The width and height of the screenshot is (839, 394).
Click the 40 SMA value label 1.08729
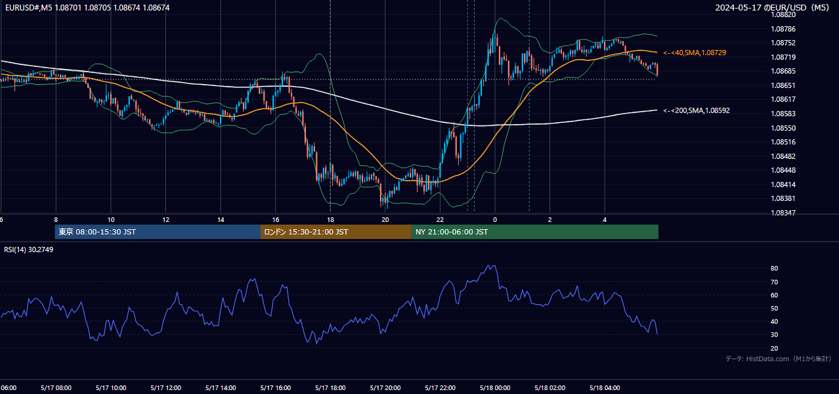click(x=695, y=53)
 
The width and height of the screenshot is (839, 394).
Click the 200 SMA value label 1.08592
click(x=697, y=110)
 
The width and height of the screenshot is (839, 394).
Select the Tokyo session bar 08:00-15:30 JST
click(x=158, y=232)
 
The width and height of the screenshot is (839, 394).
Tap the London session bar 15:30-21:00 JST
click(x=336, y=232)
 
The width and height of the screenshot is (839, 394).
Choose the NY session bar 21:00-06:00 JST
click(x=535, y=232)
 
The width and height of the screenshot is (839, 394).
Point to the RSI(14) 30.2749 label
click(x=28, y=250)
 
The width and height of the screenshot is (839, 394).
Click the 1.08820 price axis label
click(x=783, y=14)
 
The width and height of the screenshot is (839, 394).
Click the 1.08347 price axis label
click(x=783, y=213)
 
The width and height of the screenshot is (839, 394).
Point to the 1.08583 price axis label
click(x=783, y=114)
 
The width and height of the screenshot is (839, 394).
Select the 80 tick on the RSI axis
click(x=774, y=268)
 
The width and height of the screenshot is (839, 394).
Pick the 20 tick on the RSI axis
click(x=774, y=348)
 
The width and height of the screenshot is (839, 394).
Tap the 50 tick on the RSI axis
click(x=774, y=308)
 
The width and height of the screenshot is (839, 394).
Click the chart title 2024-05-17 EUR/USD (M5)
click(x=772, y=7)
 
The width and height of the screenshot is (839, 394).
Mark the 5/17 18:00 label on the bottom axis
click(x=330, y=388)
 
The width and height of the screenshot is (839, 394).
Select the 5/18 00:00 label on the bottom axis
click(x=495, y=388)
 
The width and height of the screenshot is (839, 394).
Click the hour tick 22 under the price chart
click(x=440, y=220)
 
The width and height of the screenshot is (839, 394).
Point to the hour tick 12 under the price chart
click(x=165, y=220)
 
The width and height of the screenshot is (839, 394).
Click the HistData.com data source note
click(x=779, y=359)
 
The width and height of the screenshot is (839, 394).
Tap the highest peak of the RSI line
click(x=488, y=265)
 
